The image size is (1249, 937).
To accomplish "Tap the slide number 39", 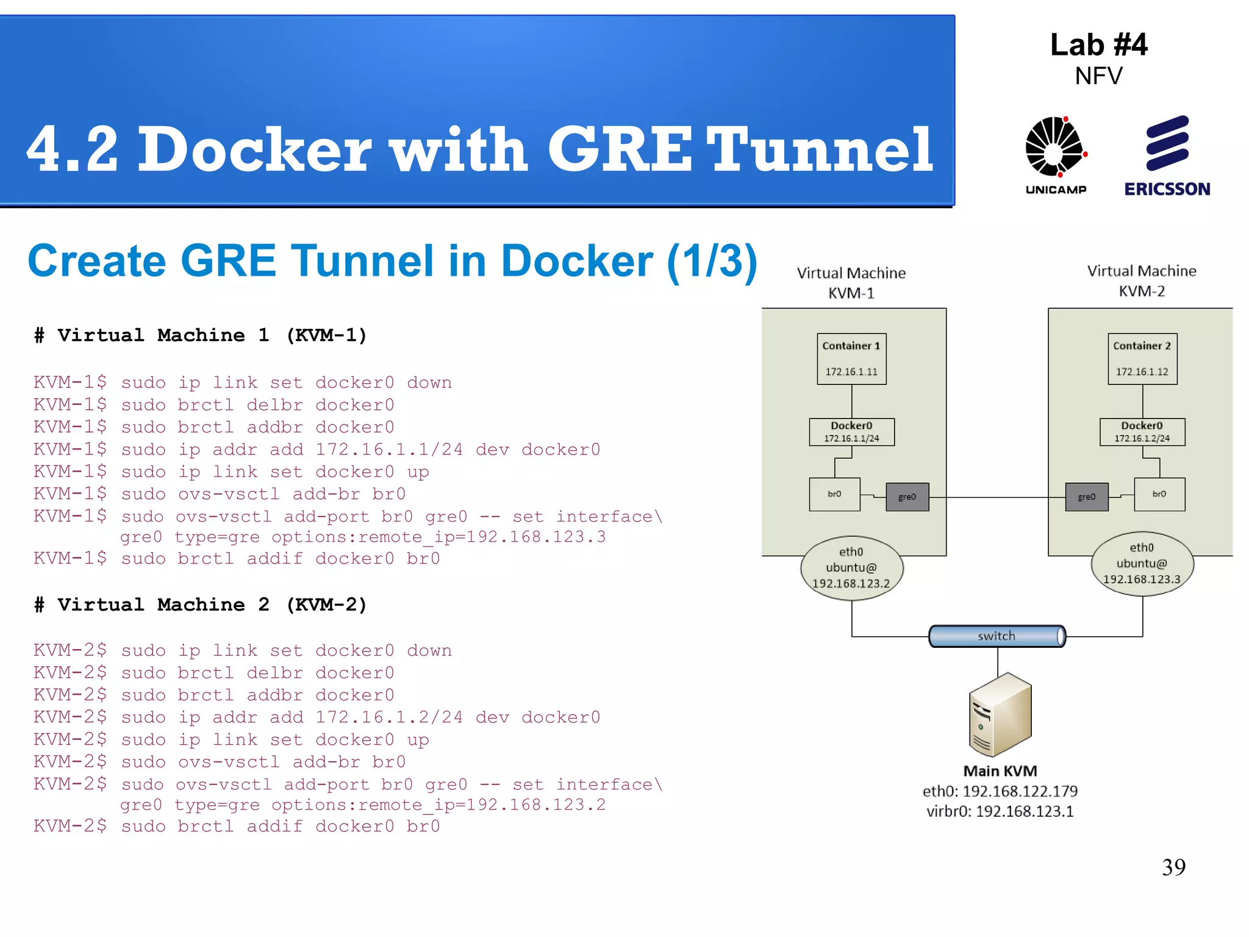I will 1173,867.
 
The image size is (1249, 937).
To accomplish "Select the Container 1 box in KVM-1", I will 851,359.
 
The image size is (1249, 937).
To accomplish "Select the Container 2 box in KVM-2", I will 1142,359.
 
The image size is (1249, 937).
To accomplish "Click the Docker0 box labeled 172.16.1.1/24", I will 851,432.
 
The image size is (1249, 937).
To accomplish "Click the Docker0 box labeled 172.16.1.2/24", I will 1142,432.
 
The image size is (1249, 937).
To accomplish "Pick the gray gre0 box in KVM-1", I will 907,497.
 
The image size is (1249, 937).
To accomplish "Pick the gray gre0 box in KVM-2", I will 1086,497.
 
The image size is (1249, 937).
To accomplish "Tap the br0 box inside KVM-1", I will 834,494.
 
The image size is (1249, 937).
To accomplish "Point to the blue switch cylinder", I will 997,636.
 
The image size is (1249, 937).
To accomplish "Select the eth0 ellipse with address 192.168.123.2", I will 851,568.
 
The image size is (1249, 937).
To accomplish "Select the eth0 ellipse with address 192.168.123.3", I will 1142,564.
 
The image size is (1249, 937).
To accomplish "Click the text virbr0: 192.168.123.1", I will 1000,811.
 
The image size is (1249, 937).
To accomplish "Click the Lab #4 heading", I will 1098,45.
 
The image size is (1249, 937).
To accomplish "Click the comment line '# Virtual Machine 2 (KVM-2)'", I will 201,605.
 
